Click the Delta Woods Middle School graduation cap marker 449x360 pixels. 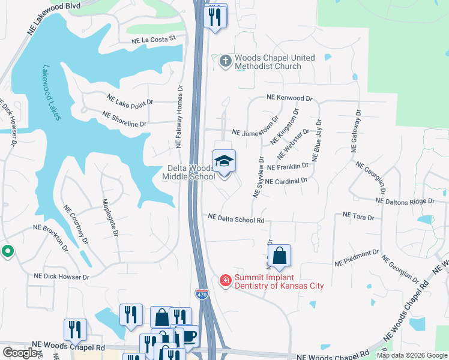coord(224,162)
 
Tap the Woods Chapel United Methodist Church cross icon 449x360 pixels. coord(225,61)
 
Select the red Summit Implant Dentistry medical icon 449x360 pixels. coord(225,280)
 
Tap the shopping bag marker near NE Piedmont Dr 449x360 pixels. coord(279,256)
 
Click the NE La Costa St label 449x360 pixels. coord(154,39)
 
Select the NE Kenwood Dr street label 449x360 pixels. coord(290,98)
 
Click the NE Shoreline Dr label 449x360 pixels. coord(125,119)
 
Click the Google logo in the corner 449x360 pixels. coord(21,353)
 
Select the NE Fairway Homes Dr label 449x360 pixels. coord(179,117)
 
